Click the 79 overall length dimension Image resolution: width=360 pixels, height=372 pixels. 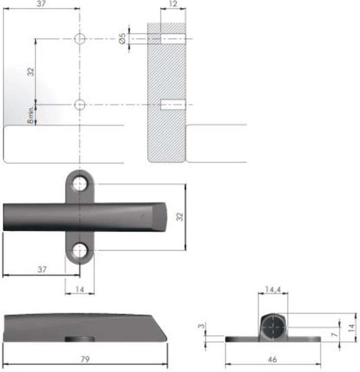click(85, 359)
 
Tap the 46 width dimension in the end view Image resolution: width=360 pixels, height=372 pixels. click(272, 360)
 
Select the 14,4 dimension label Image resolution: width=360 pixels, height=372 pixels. click(273, 289)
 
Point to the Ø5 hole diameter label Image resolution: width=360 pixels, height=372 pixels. click(122, 39)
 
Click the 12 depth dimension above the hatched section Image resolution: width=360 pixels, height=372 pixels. click(173, 4)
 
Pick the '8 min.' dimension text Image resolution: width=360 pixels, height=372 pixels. click(31, 115)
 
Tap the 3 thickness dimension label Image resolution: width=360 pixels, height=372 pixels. click(201, 326)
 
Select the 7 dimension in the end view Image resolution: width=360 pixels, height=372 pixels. click(334, 334)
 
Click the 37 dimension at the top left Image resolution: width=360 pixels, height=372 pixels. click(41, 4)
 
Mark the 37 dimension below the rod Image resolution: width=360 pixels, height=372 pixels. click(42, 269)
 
